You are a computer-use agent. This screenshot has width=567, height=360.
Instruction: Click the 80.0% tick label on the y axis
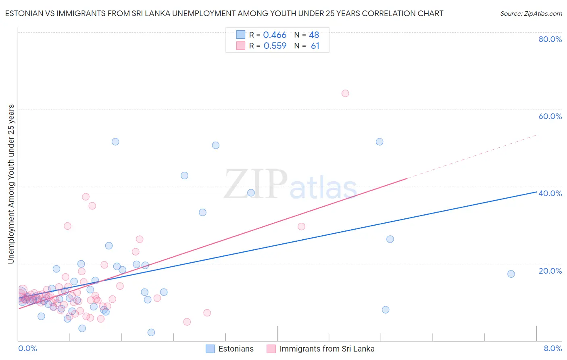tap(550, 39)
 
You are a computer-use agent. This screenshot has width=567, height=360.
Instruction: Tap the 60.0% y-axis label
tap(550, 116)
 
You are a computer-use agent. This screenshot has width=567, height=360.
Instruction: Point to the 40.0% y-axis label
tap(550, 193)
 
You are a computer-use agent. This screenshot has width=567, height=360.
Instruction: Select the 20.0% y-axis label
tap(550, 271)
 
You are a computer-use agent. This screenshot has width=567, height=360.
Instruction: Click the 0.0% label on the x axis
tap(27, 349)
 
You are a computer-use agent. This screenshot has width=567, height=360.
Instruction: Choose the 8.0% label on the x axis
tap(552, 349)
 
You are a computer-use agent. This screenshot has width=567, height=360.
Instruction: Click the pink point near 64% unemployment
tap(345, 93)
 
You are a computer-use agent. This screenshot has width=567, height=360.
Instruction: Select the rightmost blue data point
tap(511, 274)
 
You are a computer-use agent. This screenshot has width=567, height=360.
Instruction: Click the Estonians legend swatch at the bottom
tap(210, 349)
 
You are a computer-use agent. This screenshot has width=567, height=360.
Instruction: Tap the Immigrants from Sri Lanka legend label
tap(327, 349)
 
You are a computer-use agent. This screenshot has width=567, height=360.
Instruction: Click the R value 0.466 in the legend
tap(275, 35)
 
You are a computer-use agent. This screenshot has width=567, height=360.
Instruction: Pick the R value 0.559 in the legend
tap(275, 46)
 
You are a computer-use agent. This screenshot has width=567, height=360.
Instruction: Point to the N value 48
tap(314, 35)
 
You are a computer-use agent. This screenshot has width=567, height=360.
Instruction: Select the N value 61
tap(315, 46)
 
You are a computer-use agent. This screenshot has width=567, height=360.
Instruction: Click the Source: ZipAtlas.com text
tap(531, 14)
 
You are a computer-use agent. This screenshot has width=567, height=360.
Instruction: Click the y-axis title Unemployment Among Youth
tap(11, 184)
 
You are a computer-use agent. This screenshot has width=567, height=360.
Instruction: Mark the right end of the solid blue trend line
tap(536, 192)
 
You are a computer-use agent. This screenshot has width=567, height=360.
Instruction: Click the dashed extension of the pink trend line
tap(472, 157)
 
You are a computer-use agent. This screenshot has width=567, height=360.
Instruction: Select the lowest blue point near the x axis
tap(151, 333)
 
